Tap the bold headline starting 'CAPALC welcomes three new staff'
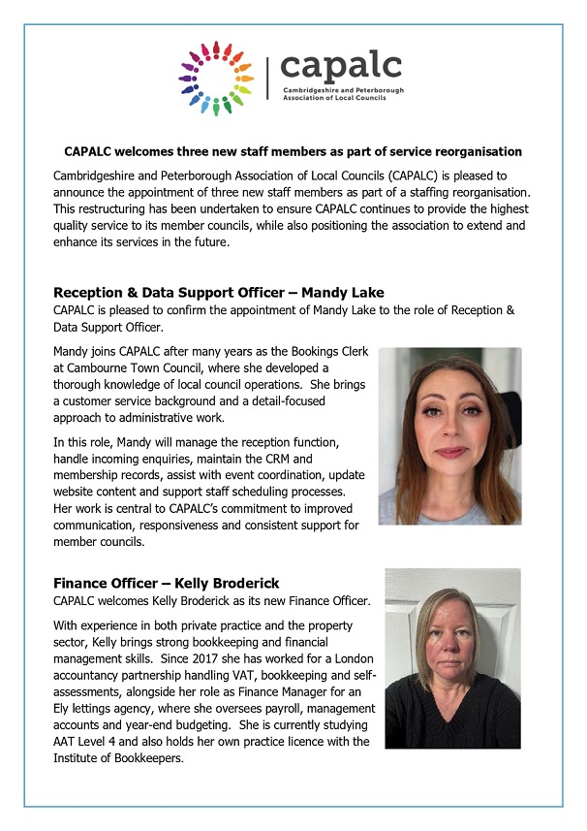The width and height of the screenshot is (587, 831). pos(293,152)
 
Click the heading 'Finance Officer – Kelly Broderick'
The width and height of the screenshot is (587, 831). pos(167,583)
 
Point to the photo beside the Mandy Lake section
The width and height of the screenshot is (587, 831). pos(449,436)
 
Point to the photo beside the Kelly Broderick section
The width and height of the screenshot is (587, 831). pos(452,658)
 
